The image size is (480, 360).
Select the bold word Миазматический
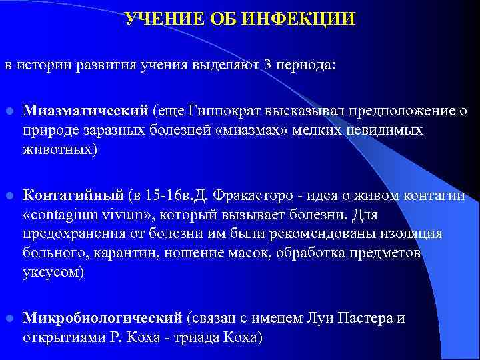click(87, 110)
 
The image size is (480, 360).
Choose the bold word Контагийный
click(73, 195)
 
